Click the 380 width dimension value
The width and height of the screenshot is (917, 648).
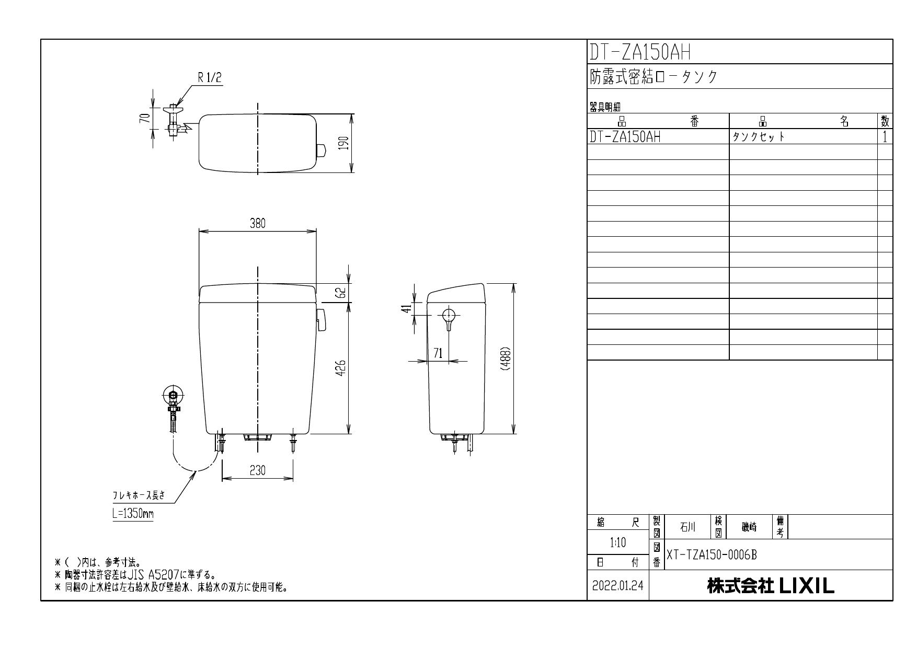257,224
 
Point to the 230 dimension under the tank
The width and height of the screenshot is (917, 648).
257,470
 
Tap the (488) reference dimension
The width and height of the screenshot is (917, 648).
506,359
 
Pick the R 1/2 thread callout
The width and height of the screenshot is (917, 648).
210,78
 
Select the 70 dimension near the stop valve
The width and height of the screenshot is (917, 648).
147,118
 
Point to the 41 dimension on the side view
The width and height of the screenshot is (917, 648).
404,310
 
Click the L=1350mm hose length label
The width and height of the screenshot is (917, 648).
133,513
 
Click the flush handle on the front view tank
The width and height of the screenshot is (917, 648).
322,320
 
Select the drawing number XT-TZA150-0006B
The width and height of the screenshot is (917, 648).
711,555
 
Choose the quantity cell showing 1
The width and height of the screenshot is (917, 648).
885,137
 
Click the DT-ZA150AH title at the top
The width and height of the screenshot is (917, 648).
640,52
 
